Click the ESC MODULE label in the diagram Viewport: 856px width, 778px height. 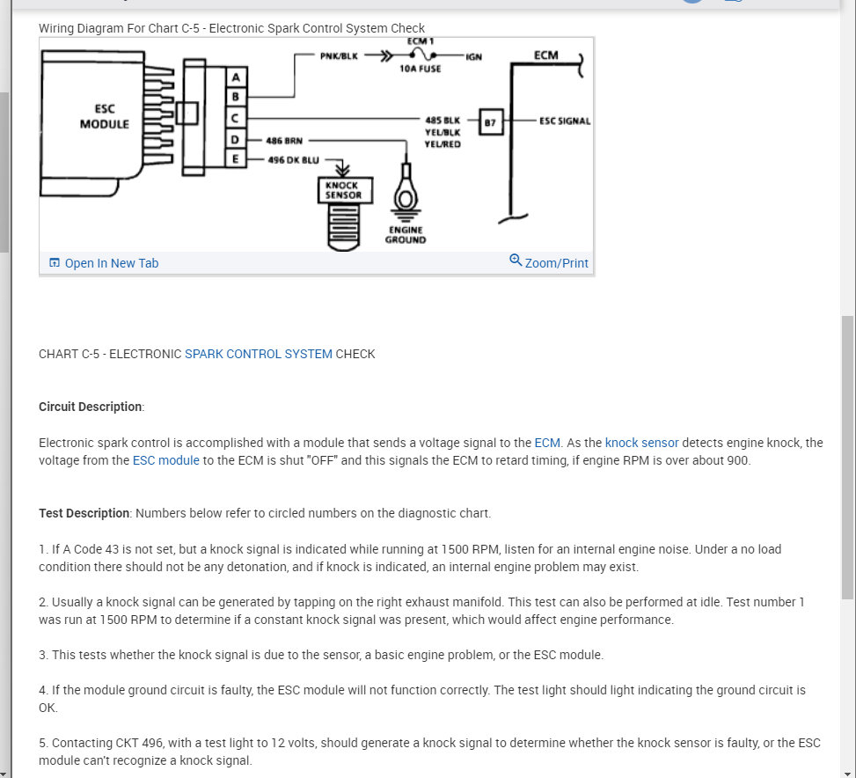tap(105, 117)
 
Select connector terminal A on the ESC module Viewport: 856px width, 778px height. tap(235, 77)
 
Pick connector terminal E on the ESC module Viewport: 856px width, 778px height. tap(235, 159)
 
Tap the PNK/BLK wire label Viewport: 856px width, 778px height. tap(339, 57)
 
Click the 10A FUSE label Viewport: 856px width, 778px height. tap(420, 69)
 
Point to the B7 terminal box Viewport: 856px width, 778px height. tap(491, 122)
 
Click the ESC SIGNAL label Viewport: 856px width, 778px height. tap(565, 121)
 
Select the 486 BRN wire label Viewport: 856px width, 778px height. tap(286, 140)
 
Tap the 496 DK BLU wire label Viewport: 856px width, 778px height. tap(294, 160)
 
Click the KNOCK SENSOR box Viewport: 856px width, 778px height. tap(344, 190)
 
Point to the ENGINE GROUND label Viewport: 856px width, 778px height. tap(406, 234)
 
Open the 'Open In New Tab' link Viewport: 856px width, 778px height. tap(111, 263)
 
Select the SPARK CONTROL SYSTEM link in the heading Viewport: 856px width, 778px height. tap(259, 354)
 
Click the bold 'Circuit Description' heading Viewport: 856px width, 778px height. tap(91, 407)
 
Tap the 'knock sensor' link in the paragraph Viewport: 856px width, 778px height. tap(641, 443)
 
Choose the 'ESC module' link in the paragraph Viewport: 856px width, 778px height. tap(166, 460)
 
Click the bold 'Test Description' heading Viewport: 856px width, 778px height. tap(84, 513)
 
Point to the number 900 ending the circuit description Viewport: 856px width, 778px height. tap(737, 460)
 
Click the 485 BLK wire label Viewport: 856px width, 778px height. tap(443, 121)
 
